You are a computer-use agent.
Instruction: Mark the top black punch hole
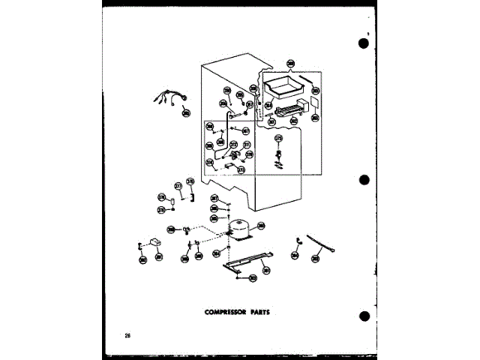(364, 42)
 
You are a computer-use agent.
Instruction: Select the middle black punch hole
(364, 181)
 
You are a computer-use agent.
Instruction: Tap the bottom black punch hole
(364, 316)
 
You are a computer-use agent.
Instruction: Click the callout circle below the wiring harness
(186, 113)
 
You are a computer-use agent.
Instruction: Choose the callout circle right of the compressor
(261, 226)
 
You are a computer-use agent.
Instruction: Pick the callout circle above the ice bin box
(291, 64)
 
